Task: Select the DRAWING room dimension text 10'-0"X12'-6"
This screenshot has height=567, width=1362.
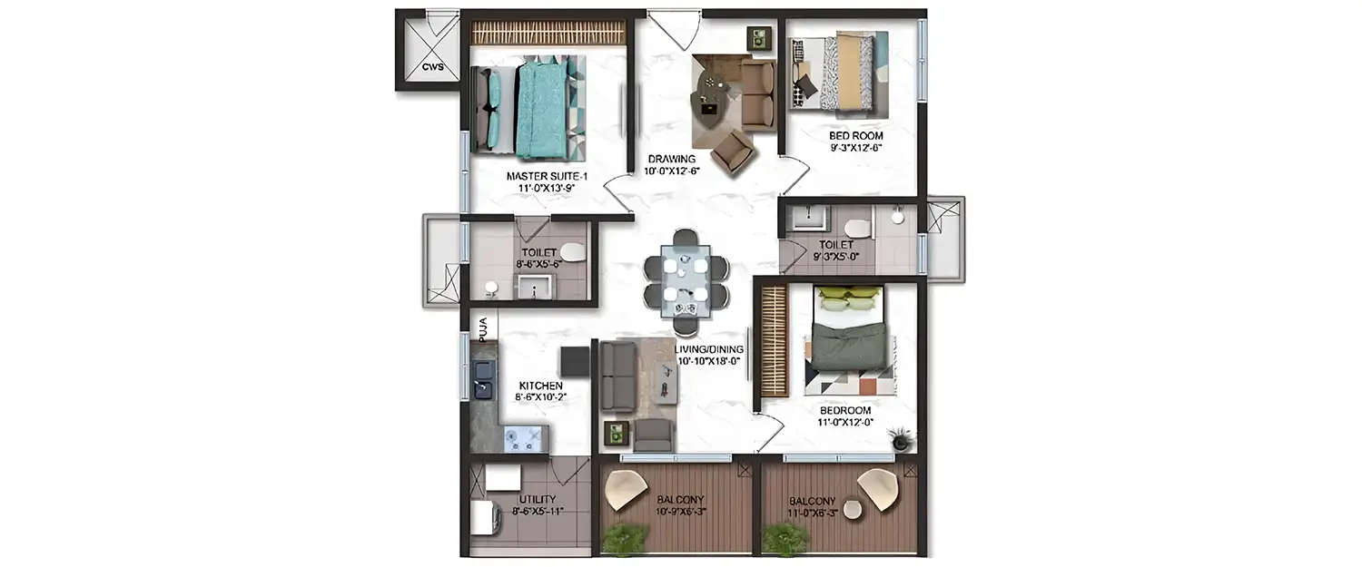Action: pos(672,171)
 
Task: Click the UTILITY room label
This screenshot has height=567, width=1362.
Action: pos(537,499)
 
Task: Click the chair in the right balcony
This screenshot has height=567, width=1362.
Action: pos(878,489)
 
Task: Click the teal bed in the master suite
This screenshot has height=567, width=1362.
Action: pos(542,107)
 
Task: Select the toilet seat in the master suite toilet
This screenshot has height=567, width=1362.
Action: pos(571,252)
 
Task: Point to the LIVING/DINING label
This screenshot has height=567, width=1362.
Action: pos(709,349)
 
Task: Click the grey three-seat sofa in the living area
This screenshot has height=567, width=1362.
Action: pos(617,376)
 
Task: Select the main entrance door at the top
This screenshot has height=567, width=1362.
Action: pos(673,29)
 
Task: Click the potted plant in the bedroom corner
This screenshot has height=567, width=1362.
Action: pos(900,439)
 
